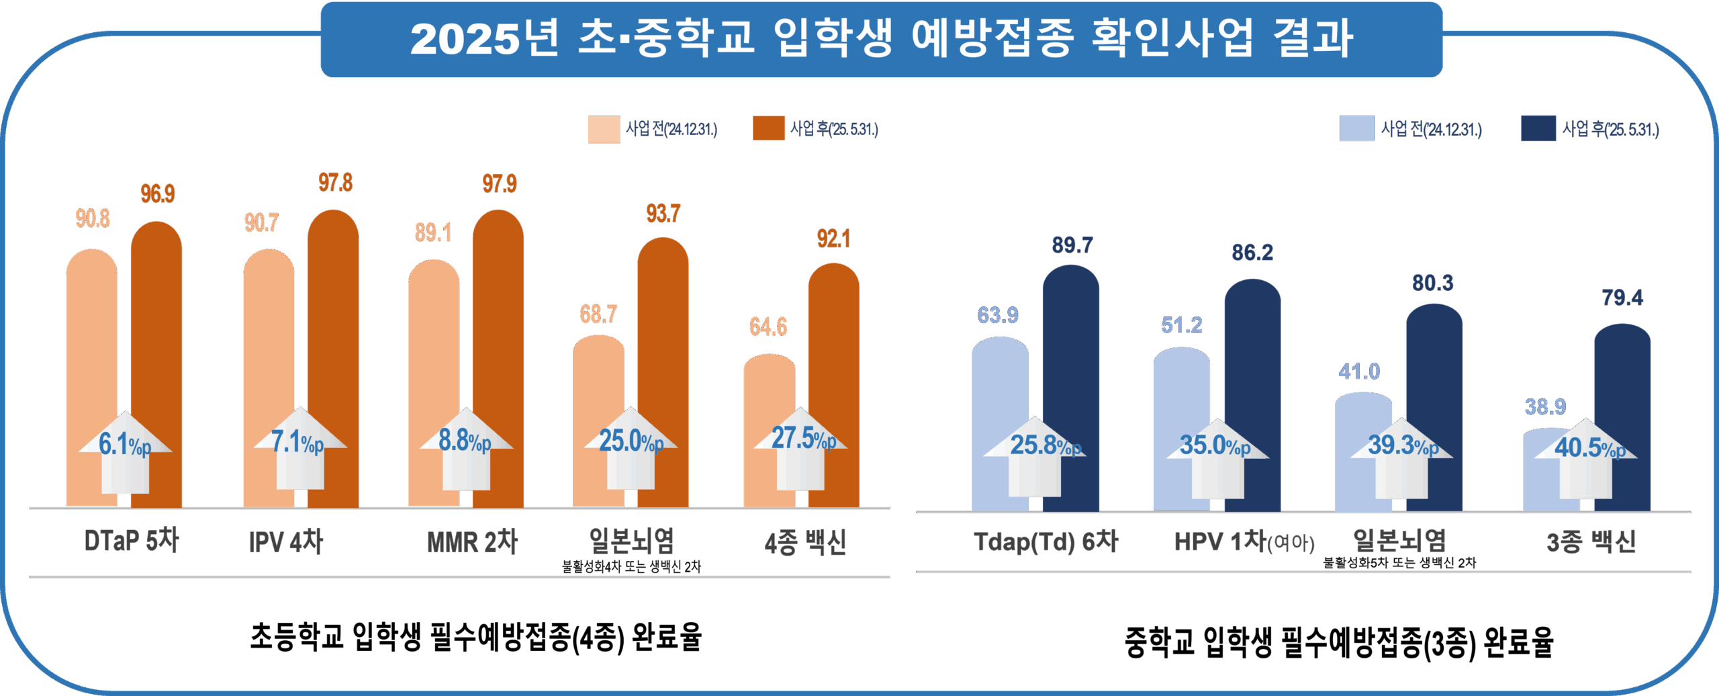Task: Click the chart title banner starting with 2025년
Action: pos(881,39)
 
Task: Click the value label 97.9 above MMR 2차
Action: pos(500,184)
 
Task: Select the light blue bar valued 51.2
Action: pos(1181,390)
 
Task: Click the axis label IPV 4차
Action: pos(286,541)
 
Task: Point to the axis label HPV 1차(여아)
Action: pos(1244,541)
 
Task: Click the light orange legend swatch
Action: pos(604,129)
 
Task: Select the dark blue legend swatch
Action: pos(1538,128)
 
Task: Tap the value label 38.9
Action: pos(1545,407)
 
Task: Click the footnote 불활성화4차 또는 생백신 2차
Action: pos(631,567)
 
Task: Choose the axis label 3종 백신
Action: pos(1591,541)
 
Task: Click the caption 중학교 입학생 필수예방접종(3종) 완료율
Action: pos(1338,642)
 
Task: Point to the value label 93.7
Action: pos(663,214)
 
